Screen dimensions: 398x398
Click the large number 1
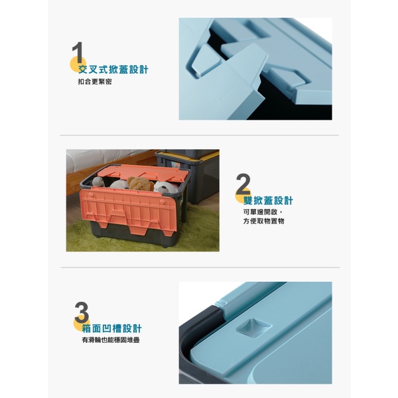click(x=78, y=52)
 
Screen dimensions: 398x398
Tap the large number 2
click(x=243, y=184)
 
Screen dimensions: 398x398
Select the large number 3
click(x=82, y=312)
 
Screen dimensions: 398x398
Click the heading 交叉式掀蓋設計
click(x=113, y=69)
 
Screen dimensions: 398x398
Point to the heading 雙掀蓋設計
click(x=268, y=200)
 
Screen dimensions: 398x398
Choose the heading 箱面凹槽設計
click(x=111, y=328)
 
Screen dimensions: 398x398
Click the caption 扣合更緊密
click(x=95, y=82)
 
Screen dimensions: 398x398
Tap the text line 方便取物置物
click(x=264, y=221)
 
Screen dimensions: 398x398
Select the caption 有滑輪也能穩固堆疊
click(x=111, y=340)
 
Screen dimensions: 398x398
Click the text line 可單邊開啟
click(x=261, y=212)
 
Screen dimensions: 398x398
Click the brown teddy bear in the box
click(x=140, y=184)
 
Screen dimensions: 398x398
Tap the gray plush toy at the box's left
click(x=98, y=182)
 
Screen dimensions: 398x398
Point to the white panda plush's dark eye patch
click(x=163, y=188)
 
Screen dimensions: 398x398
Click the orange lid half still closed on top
click(x=143, y=172)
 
